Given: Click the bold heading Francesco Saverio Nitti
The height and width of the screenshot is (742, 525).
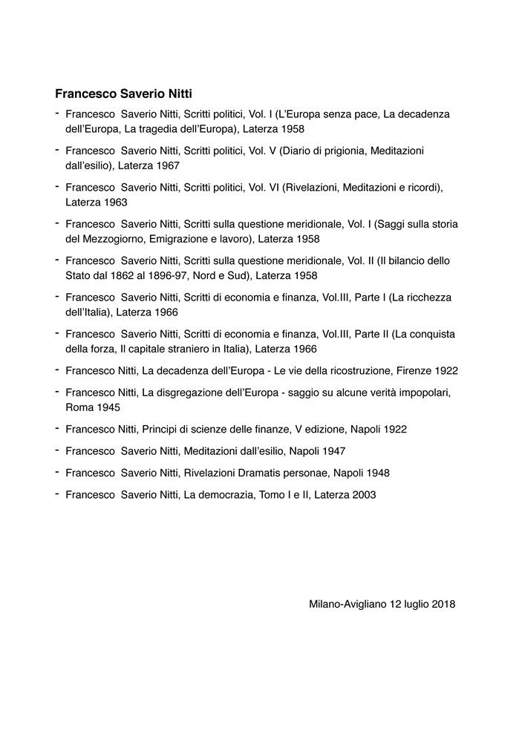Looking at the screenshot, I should pos(124,94).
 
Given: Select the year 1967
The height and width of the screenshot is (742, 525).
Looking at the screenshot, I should pos(166,165).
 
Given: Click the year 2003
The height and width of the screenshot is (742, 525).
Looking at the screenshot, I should pos(363,494).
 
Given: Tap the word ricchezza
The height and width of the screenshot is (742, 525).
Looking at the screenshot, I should pos(425,298).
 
